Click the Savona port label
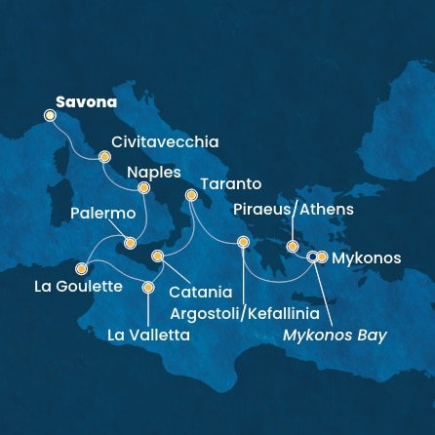point(86,100)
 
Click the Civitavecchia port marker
point(104,155)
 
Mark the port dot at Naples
point(143,187)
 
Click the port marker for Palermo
point(130,242)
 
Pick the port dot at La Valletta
point(148,287)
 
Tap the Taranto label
point(230,182)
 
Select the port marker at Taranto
point(191,197)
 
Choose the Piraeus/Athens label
point(293,210)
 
